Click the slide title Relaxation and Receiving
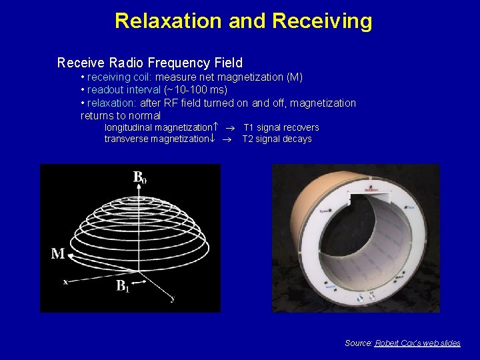pos(243,21)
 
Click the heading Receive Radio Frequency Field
pos(150,63)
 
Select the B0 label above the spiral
pos(139,177)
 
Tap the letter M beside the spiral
pos(58,254)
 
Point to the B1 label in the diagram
pos(123,287)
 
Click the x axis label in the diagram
pos(65,282)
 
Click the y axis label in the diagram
pos(173,299)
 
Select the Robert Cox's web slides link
pos(417,343)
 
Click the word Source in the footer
pos(358,343)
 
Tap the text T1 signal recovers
pos(281,127)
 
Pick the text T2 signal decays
pos(277,139)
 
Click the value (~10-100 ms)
pos(195,90)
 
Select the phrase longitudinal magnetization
pos(157,127)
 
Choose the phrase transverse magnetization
pos(156,139)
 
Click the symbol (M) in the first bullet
pos(294,77)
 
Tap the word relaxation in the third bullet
pos(111,103)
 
